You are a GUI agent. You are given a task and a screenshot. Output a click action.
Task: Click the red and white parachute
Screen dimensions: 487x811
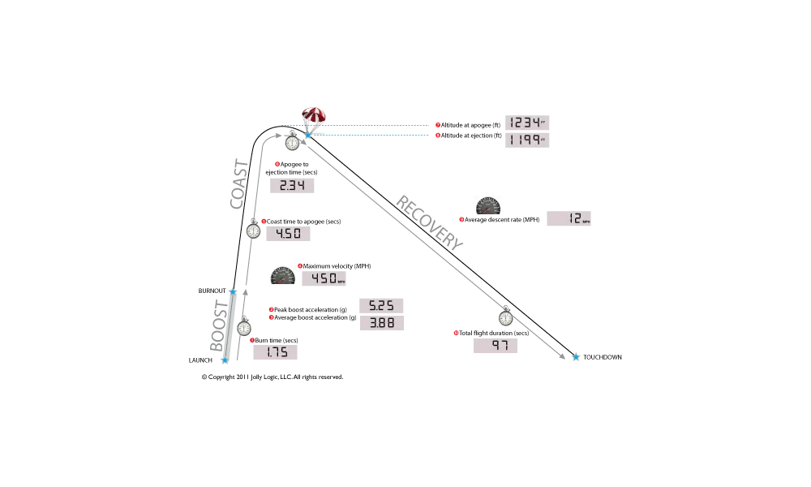coord(312,114)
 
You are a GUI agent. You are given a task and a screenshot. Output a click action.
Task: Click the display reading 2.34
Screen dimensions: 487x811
coord(291,185)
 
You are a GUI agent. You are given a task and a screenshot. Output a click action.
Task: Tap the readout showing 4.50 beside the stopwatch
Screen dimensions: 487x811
coord(289,236)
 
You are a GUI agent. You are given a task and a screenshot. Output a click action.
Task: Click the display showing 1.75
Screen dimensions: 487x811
coord(276,353)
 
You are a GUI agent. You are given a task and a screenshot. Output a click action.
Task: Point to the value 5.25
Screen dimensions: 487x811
coord(383,305)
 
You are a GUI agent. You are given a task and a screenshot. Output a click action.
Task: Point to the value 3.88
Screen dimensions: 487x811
coord(383,322)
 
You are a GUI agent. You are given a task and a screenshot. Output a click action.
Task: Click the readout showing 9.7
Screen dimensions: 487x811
coord(496,347)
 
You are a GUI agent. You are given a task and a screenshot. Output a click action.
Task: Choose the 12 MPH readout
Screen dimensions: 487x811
coord(571,218)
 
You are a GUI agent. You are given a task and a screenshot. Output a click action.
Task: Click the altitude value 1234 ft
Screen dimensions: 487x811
coord(526,123)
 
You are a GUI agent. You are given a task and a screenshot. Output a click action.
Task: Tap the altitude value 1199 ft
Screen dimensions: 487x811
coord(526,140)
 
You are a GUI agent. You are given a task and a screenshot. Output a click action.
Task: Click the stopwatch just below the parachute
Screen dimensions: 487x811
coord(293,143)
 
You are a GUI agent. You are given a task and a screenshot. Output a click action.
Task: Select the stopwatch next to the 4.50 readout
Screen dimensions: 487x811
coord(254,231)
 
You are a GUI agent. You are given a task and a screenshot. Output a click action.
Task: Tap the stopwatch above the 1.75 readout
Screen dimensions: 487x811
coord(244,328)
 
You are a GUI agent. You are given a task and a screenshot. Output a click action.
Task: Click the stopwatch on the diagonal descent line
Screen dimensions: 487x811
coord(506,318)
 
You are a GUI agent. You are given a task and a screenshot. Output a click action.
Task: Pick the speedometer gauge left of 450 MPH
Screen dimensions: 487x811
coord(282,276)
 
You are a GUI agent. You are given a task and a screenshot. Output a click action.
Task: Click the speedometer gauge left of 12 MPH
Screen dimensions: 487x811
coord(489,206)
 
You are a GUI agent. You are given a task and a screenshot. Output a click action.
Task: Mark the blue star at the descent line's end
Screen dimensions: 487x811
coord(576,356)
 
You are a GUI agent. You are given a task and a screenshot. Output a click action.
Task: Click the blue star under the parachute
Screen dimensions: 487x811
coord(308,136)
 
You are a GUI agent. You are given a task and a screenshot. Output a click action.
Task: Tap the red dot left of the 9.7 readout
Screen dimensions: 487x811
coord(457,333)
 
